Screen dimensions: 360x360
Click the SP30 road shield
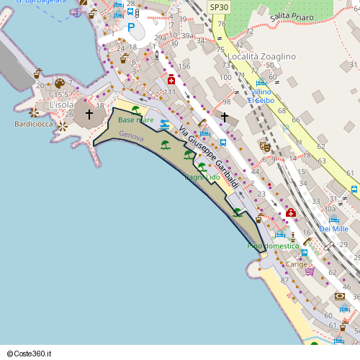[218, 6]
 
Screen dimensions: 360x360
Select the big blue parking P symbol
[131, 27]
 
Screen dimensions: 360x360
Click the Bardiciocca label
[35, 124]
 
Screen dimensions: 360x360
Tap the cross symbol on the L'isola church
[89, 114]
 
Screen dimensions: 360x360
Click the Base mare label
[136, 120]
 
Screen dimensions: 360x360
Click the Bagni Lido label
[202, 177]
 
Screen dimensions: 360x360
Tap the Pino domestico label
[273, 246]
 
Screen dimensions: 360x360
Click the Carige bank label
[296, 264]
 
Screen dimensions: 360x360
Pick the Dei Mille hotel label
[333, 229]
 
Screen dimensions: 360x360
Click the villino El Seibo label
[262, 96]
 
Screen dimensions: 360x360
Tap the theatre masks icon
[265, 146]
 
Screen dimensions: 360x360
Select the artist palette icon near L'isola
[60, 84]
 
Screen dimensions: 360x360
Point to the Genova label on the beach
[132, 136]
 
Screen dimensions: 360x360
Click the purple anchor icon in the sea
[76, 12]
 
